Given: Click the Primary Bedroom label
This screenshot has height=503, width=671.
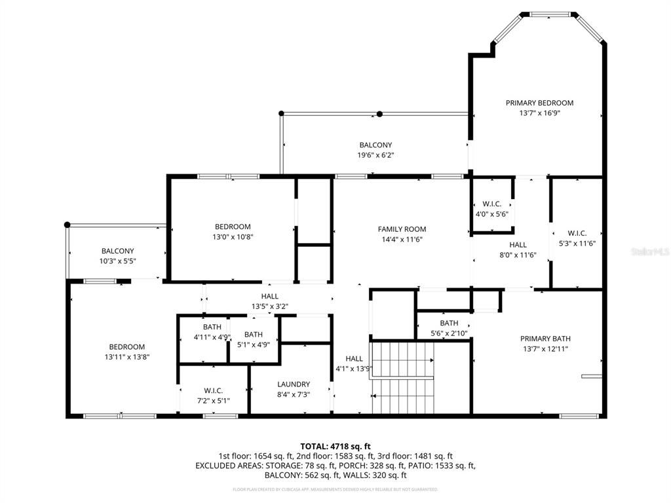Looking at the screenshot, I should coord(539,103).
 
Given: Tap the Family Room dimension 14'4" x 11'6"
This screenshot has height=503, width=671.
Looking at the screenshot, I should coord(402,240).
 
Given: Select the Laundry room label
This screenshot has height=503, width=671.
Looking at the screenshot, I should coord(294,384).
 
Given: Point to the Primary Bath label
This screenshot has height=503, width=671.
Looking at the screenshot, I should coord(545,339).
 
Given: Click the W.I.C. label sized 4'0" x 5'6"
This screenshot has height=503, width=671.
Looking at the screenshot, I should coord(491,204).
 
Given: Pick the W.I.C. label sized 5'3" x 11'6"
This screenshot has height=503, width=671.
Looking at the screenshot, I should coord(577,233).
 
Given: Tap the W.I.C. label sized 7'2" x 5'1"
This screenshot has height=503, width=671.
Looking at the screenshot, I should coord(213,390).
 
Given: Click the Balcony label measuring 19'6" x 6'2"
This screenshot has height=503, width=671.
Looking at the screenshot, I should coord(375,145).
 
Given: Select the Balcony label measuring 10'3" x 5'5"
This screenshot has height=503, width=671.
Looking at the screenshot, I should coord(117,251).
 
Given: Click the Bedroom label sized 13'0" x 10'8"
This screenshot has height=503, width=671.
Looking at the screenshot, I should coord(233,227).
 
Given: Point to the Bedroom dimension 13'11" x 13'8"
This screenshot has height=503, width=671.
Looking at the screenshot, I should coord(127,357).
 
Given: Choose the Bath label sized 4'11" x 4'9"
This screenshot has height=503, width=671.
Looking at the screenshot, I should coord(212,327).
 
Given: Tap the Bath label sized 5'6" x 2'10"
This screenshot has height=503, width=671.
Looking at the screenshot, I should coord(449,323).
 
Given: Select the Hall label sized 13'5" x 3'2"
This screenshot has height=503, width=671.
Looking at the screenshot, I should coord(270,297).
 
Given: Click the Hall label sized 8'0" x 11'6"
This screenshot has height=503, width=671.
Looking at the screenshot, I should coord(518,245).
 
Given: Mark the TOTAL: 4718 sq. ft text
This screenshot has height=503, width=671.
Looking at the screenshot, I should coord(335,446).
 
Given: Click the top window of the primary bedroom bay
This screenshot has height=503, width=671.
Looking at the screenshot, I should coord(549,14).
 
